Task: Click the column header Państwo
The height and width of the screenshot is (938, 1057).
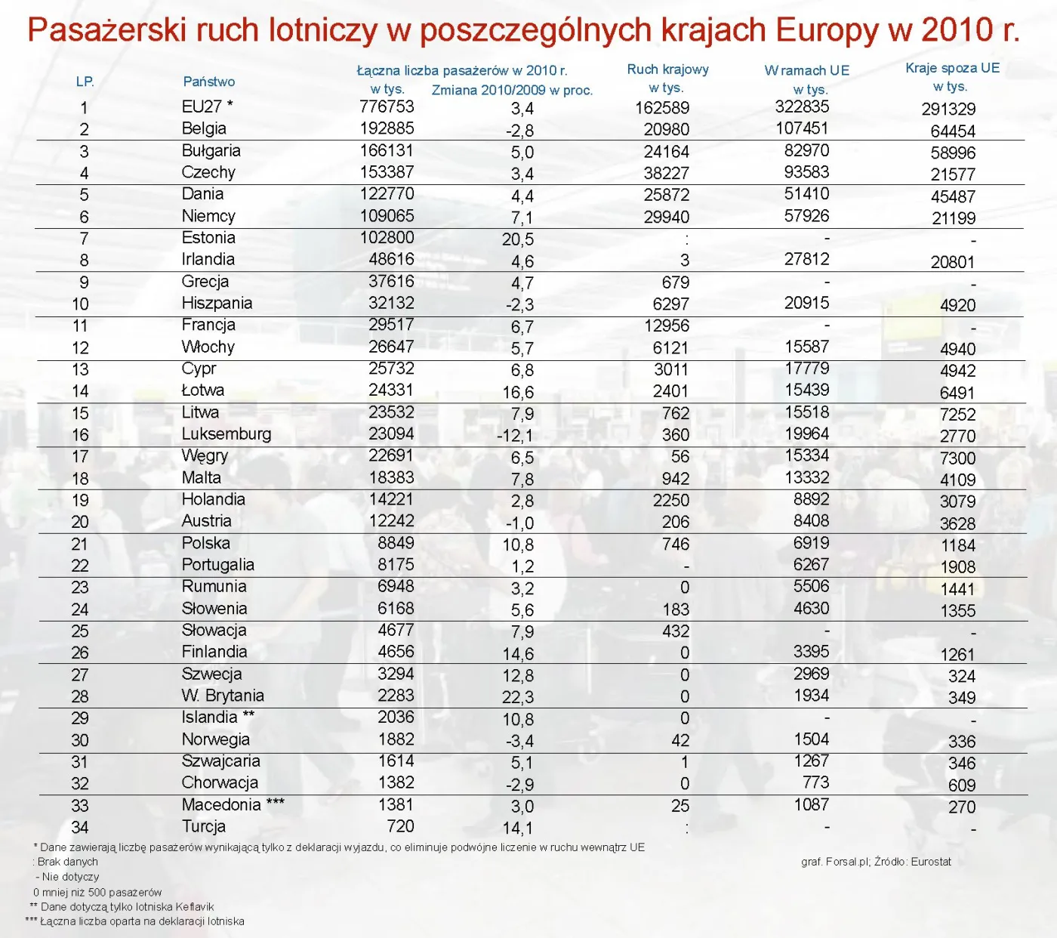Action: click(208, 82)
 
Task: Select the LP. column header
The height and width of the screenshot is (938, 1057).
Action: click(85, 82)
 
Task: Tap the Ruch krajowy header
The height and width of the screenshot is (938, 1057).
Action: click(667, 69)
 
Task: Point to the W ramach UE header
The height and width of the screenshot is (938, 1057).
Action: click(806, 70)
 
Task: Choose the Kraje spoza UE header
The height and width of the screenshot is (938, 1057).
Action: click(952, 68)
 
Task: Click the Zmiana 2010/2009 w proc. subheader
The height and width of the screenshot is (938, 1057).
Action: click(512, 91)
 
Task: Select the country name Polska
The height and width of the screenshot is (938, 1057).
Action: click(205, 543)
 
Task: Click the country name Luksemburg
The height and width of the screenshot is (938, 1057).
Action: click(226, 434)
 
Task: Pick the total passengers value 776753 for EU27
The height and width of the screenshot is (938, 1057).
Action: click(387, 107)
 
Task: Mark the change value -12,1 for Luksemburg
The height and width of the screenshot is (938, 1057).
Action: click(515, 437)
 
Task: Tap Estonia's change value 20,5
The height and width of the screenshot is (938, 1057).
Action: click(518, 240)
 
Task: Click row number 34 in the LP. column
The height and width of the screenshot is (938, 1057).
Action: click(80, 828)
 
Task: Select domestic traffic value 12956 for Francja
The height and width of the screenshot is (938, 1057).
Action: click(667, 326)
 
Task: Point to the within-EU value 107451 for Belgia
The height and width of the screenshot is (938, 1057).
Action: click(802, 128)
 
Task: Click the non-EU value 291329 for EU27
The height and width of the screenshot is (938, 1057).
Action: click(948, 110)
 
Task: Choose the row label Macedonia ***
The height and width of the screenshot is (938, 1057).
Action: click(233, 805)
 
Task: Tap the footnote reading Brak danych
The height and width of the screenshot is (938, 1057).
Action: click(67, 862)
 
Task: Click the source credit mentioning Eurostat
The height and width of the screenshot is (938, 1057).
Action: click(876, 862)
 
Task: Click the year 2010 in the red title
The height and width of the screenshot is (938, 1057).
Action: click(957, 30)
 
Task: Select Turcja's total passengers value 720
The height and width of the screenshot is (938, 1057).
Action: click(400, 827)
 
